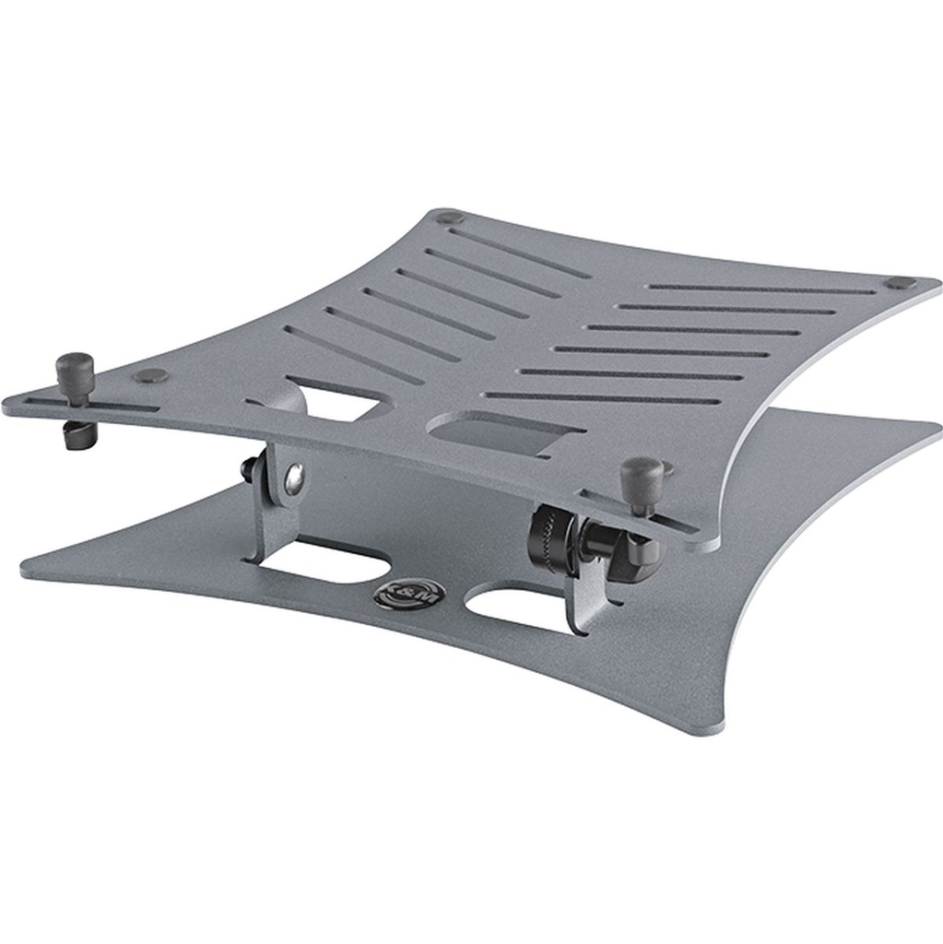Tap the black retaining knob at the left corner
click(x=77, y=372)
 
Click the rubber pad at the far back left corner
click(x=449, y=218)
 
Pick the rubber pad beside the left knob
click(x=150, y=376)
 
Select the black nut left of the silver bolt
click(x=250, y=469)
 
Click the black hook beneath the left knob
click(x=77, y=434)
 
